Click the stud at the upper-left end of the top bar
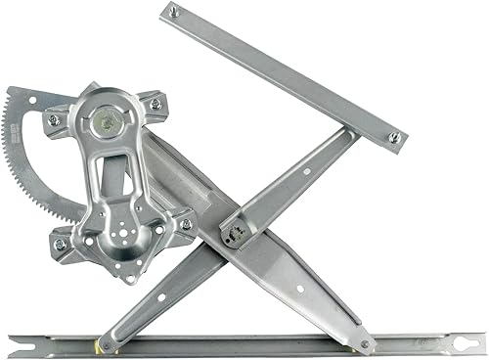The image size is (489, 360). pyautogui.click(x=173, y=13)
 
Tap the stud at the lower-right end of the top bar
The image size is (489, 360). pyautogui.click(x=395, y=138)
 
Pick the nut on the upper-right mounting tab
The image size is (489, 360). pyautogui.click(x=155, y=103)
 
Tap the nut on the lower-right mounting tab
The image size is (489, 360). pyautogui.click(x=186, y=224)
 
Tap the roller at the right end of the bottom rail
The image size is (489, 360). pyautogui.click(x=365, y=343)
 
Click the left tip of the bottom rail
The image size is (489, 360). pyautogui.click(x=12, y=342)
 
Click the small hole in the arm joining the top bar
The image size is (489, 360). pyautogui.click(x=306, y=173)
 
